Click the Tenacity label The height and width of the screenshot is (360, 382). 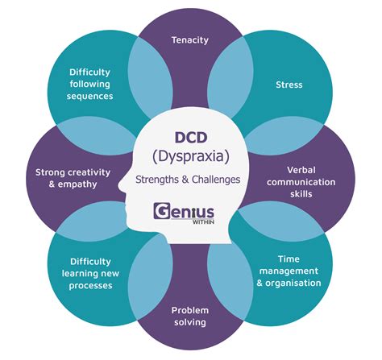pyautogui.click(x=191, y=39)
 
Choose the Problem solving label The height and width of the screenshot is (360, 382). pyautogui.click(x=190, y=315)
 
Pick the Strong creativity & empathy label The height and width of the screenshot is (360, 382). pyautogui.click(x=66, y=178)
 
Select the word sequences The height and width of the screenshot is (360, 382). pyautogui.click(x=90, y=95)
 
